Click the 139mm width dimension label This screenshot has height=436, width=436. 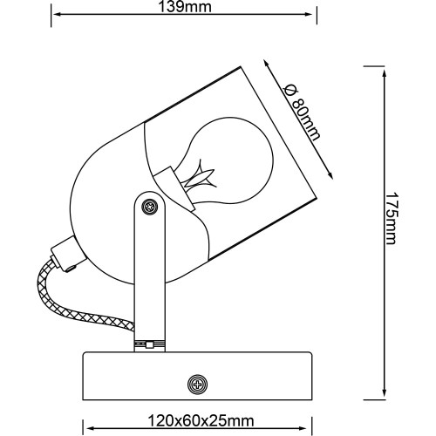tap(185, 7)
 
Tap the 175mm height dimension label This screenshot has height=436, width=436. tap(391, 218)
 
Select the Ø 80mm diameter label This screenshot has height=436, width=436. tap(303, 112)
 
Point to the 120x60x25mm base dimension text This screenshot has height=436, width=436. tap(201, 421)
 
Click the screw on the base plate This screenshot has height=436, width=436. tap(198, 385)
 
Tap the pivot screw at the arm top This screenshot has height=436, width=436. tap(150, 207)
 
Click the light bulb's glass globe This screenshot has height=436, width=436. tap(229, 160)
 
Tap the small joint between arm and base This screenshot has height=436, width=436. tap(149, 345)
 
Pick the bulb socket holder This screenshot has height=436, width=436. tap(174, 188)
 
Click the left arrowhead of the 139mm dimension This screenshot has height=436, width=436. tap(57, 14)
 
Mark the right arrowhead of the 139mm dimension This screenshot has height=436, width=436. tap(308, 14)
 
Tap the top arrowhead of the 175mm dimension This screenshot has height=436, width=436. tap(385, 73)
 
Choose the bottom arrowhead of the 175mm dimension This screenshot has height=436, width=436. tap(385, 392)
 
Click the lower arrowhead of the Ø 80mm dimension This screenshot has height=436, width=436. tap(330, 175)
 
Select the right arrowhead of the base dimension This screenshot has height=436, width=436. tap(303, 428)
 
